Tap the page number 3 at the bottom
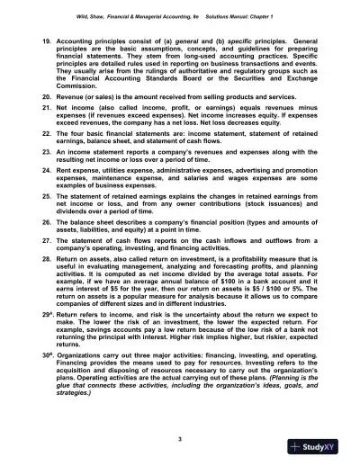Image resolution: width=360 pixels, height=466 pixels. (180, 437)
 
